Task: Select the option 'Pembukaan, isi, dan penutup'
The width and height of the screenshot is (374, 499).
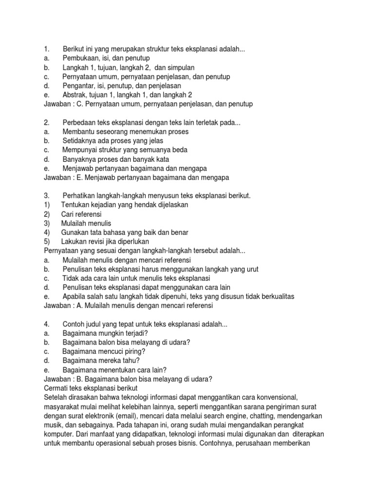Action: tap(106, 58)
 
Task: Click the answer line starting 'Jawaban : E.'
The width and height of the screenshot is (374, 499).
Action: tap(136, 177)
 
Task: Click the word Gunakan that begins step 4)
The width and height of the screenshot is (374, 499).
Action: tap(76, 232)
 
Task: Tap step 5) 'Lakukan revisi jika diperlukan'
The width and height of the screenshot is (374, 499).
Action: tap(105, 241)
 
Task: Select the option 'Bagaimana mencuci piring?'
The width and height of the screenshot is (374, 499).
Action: tap(104, 351)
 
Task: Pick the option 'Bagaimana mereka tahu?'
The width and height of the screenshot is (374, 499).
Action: tap(101, 361)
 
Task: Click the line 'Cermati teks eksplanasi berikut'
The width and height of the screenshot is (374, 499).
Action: tap(91, 388)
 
